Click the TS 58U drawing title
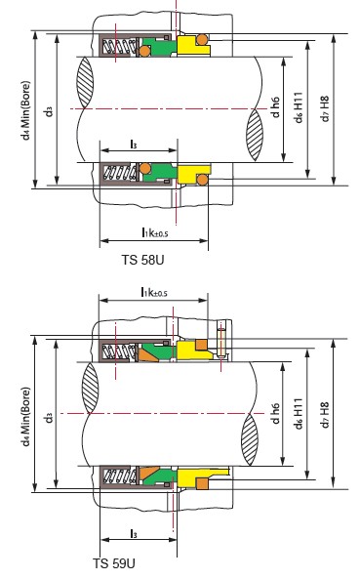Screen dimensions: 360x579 pos(142,260)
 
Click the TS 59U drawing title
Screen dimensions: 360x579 pos(114,563)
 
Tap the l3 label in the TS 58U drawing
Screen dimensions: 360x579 pos(134,144)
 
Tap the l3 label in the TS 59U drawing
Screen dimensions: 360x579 pos(134,533)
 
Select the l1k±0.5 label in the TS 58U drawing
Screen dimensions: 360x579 pos(154,232)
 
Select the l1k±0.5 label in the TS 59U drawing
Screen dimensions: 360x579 pos(154,292)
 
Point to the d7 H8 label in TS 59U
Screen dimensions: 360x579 pos(324,415)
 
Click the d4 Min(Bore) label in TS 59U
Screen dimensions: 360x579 pos(25,416)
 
